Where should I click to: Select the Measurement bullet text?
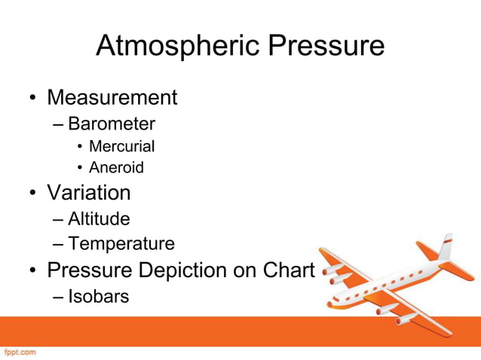(x=112, y=97)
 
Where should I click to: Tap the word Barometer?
(x=112, y=124)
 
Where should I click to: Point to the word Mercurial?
(x=121, y=146)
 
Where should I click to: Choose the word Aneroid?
(x=116, y=167)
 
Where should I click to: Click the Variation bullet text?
(x=89, y=193)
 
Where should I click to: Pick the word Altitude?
(x=99, y=219)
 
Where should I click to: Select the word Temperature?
(x=121, y=244)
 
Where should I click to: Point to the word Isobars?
(x=99, y=296)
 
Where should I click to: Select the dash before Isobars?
(x=60, y=297)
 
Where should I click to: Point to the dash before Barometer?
(x=60, y=124)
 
